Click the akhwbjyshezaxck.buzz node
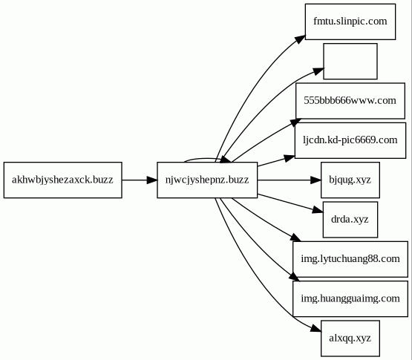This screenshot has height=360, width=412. pos(63,180)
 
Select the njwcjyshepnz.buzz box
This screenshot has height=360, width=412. pos(207,180)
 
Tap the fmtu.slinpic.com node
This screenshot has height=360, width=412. pos(350,22)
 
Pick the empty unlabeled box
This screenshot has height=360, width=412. pos(350,61)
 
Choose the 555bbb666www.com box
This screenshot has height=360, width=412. pos(350,101)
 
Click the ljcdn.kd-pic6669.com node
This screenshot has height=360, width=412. pos(350,140)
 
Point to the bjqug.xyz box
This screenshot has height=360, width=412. pos(350,180)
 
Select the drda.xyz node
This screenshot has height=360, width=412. pos(350,220)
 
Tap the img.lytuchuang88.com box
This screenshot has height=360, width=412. pos(350,259)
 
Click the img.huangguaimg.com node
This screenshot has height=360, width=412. pos(350,299)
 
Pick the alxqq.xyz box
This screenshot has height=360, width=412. pos(350,338)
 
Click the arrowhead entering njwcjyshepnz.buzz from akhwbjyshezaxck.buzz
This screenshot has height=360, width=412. pos(152,180)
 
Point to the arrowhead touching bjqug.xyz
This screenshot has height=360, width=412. pos(315,180)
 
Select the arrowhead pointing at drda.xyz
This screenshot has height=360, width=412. pos(318,210)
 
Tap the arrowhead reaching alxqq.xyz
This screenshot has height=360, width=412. pos(316,329)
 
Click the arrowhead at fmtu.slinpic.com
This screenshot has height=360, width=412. pos(300,39)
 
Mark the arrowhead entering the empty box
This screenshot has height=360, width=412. pos(318,71)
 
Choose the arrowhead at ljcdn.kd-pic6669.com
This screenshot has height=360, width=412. pos(290,158)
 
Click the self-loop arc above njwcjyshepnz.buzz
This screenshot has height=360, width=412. pos(203,158)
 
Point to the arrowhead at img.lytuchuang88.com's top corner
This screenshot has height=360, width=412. pos(295,238)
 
